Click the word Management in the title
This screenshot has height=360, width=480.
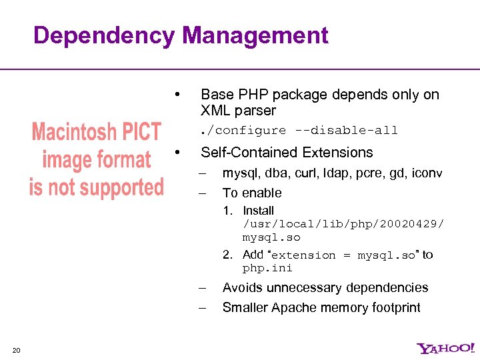255,36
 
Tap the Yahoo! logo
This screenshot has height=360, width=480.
446,348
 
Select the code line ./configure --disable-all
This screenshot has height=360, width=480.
299,130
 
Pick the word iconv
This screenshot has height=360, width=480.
426,173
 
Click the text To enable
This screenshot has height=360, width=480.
252,193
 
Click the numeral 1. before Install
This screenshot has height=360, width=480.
227,211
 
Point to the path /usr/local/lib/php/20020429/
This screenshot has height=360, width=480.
343,224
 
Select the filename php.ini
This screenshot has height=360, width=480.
267,268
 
